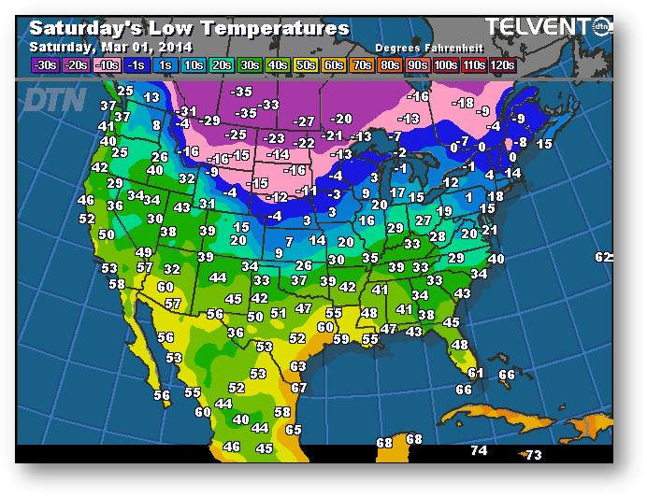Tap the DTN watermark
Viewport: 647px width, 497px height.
53,98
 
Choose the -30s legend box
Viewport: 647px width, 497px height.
44,65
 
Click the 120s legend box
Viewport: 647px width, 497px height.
501,65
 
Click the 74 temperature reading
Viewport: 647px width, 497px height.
479,450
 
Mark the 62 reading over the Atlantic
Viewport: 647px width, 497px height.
604,257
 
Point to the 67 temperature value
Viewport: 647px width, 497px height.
298,388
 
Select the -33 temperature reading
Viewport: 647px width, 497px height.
269,105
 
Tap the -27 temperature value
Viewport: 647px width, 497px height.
304,121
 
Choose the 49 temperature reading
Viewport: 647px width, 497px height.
143,252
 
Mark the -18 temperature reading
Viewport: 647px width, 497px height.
462,103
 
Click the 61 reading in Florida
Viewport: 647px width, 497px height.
475,373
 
